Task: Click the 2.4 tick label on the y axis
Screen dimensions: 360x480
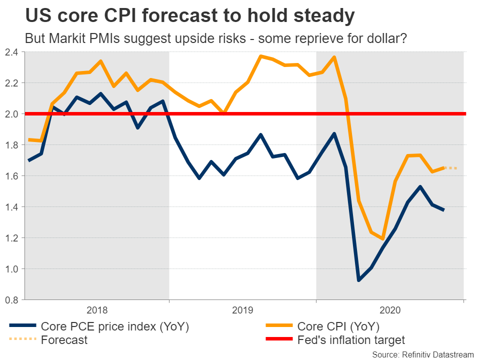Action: point(11,52)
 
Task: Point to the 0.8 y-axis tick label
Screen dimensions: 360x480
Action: point(11,300)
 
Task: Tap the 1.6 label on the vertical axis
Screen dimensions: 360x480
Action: point(11,176)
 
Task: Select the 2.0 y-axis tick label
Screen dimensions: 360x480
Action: point(11,114)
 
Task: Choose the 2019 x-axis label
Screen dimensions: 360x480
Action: point(242,310)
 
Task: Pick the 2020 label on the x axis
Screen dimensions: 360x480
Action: point(390,310)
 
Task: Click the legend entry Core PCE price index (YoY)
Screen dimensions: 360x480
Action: point(115,326)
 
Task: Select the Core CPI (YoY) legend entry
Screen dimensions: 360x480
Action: point(338,326)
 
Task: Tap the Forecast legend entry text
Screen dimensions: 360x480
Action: point(64,340)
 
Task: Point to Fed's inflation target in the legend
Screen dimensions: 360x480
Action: point(351,340)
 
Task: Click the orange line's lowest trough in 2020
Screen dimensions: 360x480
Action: point(382,239)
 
